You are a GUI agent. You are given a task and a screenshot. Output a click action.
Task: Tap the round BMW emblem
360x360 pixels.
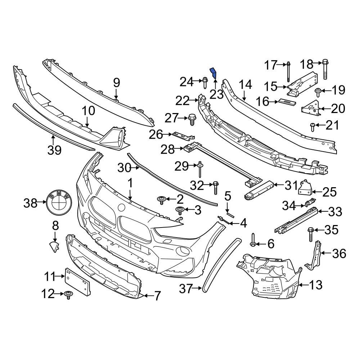[59, 203]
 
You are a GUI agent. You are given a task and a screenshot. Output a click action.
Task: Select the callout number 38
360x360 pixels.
[30, 203]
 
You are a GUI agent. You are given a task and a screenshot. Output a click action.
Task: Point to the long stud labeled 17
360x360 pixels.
[289, 72]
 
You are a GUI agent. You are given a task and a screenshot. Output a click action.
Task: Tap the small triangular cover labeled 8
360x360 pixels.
[54, 247]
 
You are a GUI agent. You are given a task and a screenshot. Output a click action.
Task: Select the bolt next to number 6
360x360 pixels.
[253, 241]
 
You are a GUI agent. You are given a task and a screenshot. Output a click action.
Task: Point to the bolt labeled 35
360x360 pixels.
[310, 234]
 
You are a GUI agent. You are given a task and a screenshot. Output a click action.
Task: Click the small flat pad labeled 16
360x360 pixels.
[287, 102]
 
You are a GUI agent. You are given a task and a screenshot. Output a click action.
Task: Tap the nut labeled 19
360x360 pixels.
[318, 91]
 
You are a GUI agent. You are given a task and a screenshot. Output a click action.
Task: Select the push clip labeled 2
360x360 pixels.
[161, 199]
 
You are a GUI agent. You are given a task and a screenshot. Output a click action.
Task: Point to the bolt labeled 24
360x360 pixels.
[205, 82]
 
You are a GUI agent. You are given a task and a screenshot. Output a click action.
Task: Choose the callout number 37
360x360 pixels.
[186, 288]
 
